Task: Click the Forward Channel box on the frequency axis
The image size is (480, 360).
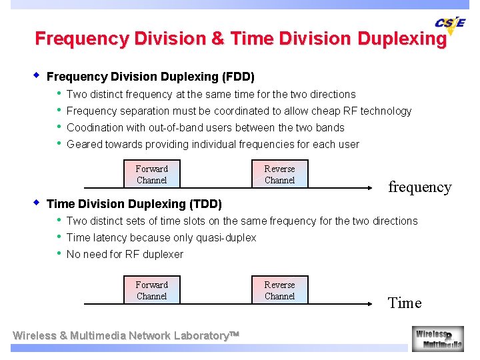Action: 151,175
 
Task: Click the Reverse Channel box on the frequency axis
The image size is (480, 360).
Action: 279,175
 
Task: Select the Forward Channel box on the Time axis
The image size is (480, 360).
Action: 151,291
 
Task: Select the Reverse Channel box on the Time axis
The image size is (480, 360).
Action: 279,291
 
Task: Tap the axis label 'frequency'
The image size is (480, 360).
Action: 419,187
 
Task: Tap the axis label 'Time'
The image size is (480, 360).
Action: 405,303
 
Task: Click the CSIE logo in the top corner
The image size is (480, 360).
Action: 450,25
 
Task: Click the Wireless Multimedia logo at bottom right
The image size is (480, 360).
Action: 437,339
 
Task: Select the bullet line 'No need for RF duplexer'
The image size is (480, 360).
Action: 125,255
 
